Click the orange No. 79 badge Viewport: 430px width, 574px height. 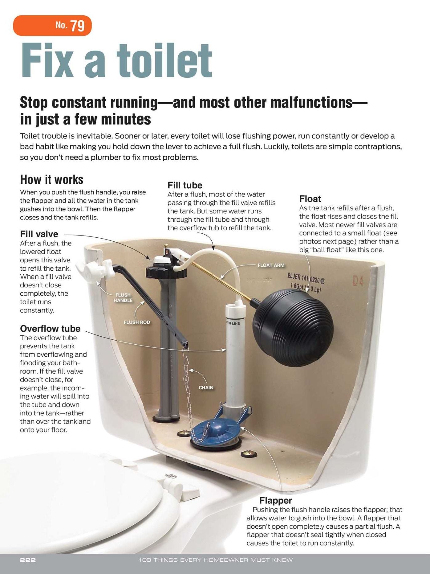(x=52, y=26)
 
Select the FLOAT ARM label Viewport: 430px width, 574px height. (x=271, y=265)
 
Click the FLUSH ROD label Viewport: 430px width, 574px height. (x=137, y=322)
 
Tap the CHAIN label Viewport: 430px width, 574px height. (x=206, y=387)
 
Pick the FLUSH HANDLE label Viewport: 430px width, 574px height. (x=123, y=297)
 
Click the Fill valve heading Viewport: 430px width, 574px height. (x=39, y=234)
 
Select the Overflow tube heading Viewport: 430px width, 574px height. (x=50, y=328)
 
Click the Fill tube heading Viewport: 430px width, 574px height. (x=185, y=185)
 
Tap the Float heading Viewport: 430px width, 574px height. (x=310, y=199)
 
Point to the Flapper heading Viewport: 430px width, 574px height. (x=276, y=500)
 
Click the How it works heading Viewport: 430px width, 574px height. (x=52, y=179)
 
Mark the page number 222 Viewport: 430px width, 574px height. (x=28, y=560)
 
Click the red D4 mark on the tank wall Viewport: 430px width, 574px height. (x=358, y=281)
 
